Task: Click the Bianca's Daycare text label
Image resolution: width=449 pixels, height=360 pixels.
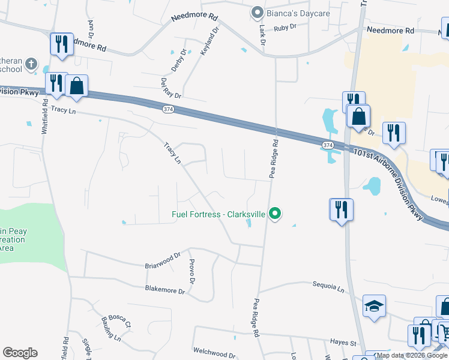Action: click(x=298, y=13)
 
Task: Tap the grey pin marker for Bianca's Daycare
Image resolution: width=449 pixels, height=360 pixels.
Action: click(x=258, y=13)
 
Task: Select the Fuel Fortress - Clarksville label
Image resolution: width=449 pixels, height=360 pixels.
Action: click(x=218, y=214)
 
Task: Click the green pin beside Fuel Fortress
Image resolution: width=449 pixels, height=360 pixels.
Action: click(x=276, y=214)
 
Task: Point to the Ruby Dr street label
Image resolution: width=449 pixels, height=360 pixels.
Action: click(x=285, y=28)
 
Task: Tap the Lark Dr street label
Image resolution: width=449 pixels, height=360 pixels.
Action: click(x=262, y=34)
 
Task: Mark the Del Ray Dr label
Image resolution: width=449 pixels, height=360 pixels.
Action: click(x=170, y=88)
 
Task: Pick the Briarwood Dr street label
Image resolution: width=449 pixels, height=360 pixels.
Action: click(x=163, y=260)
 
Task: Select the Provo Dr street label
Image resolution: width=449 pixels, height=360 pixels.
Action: click(x=192, y=271)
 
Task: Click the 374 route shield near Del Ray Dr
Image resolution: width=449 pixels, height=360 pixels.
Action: click(x=169, y=109)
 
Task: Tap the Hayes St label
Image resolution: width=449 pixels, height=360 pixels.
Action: click(x=343, y=343)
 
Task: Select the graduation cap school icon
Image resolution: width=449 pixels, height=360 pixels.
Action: click(x=374, y=306)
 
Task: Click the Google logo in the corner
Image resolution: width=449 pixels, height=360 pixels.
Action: click(x=20, y=352)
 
